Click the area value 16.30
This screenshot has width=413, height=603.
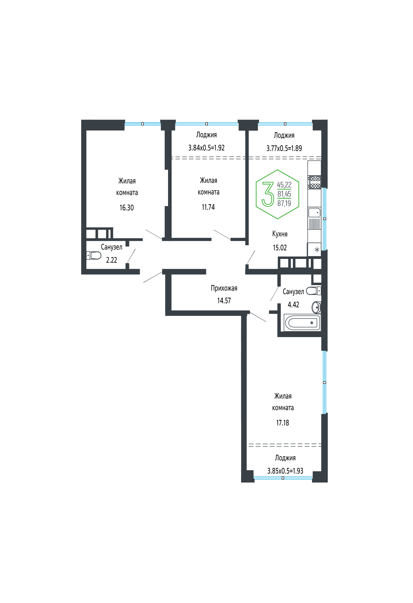click(127, 208)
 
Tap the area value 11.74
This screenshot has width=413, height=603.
click(208, 207)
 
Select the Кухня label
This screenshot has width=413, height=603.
click(280, 234)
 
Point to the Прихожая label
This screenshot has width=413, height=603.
click(224, 288)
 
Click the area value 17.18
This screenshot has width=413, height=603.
click(283, 423)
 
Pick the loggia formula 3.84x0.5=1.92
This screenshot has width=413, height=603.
click(206, 148)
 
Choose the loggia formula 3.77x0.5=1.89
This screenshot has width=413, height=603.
click(284, 148)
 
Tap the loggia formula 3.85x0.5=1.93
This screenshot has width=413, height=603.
click(285, 471)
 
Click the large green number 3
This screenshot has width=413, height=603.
click(268, 194)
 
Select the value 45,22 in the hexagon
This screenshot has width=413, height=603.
click(284, 185)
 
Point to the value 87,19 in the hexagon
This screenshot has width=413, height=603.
click(284, 203)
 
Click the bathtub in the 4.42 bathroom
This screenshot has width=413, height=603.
click(302, 323)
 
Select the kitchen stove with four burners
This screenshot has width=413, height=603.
click(314, 182)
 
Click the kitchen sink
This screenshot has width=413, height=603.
click(314, 213)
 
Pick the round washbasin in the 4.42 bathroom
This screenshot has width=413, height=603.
click(316, 307)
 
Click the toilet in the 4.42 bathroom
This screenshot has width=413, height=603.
click(314, 291)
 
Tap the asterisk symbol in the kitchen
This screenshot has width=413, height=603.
click(317, 250)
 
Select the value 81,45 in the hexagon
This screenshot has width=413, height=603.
click(284, 194)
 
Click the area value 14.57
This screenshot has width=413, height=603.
click(224, 301)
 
